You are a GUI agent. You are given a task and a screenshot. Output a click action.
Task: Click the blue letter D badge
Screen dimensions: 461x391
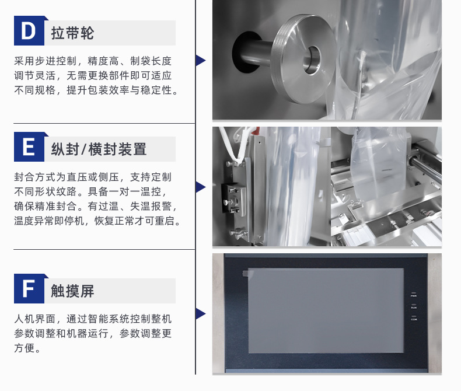point(29,30)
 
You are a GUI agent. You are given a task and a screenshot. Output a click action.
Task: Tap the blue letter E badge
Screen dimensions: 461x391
point(29,146)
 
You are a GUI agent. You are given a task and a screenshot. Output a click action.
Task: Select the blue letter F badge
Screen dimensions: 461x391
point(29,288)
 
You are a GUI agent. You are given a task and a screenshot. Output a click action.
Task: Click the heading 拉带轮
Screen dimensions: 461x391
point(72,33)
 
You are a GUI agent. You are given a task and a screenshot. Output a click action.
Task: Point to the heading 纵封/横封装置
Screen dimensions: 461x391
point(99,149)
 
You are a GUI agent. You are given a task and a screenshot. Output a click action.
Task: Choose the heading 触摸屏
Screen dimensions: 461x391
point(72,291)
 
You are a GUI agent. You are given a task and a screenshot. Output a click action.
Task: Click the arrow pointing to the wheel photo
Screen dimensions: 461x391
point(201,60)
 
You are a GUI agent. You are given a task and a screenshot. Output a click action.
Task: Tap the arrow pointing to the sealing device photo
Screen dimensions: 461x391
point(201,187)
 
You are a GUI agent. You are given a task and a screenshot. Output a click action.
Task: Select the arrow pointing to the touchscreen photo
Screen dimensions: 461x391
point(201,314)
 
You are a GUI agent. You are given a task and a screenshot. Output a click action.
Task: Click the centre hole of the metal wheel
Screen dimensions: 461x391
point(312,60)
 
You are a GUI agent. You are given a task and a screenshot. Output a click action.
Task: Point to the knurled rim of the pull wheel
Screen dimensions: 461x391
point(277,59)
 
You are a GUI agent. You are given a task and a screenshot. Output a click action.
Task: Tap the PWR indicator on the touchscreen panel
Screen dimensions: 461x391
point(414,295)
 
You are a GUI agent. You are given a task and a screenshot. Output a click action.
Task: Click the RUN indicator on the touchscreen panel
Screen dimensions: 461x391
point(414,306)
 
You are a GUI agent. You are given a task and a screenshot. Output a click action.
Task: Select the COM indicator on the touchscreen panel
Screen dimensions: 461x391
point(414,318)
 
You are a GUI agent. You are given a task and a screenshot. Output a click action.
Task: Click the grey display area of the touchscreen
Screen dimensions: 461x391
point(326,310)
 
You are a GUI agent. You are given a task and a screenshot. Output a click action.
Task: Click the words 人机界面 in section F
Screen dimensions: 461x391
point(34,319)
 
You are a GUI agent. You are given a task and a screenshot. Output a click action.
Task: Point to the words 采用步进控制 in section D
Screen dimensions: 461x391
point(46,61)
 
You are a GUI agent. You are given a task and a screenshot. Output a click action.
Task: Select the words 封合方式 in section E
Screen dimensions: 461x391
point(34,177)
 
